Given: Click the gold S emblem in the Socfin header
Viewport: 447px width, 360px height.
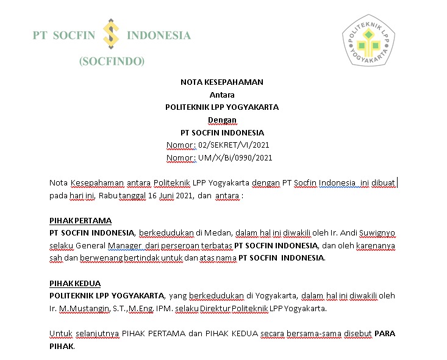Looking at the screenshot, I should (111, 34).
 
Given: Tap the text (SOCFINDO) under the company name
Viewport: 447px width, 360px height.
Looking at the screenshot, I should (112, 61).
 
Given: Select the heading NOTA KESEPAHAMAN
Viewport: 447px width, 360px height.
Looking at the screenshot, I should (222, 82).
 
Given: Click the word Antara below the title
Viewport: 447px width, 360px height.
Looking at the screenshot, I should (222, 95).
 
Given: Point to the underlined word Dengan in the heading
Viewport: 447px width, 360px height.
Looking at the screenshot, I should (222, 120).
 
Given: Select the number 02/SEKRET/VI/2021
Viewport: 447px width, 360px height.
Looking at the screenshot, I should (234, 145).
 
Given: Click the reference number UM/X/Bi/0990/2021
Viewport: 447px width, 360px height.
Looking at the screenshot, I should (235, 158).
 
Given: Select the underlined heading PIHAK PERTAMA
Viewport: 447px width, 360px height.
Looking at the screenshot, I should (80, 220).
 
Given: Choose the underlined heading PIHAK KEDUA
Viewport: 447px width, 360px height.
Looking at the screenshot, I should (75, 284).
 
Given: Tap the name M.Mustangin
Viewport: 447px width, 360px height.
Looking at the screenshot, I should (82, 309).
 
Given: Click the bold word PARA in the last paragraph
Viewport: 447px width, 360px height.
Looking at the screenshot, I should (384, 334).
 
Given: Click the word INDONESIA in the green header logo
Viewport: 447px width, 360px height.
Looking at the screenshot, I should (159, 35).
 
